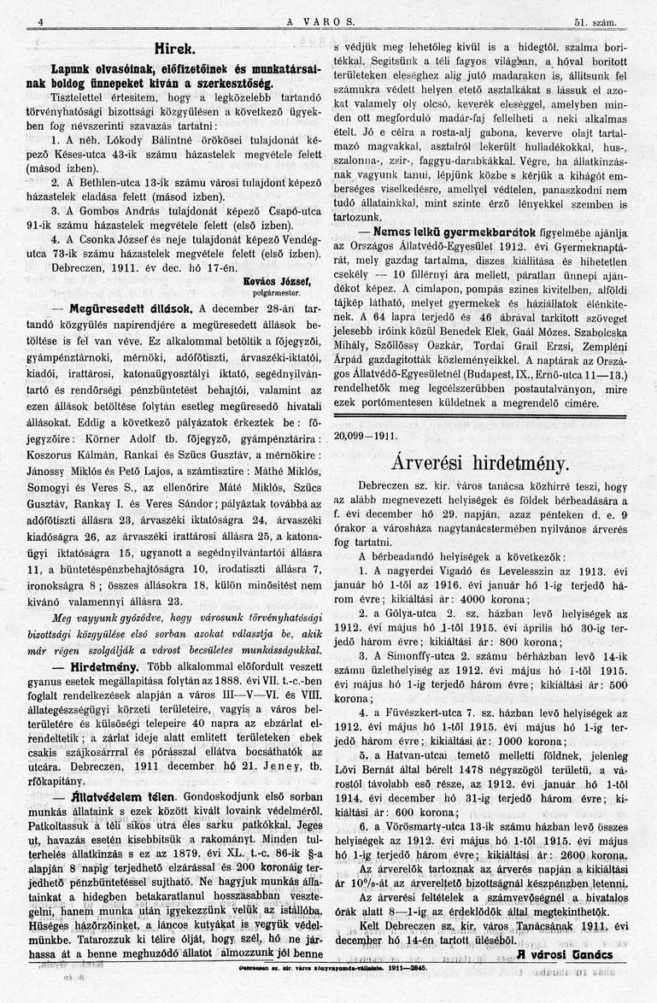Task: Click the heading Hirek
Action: (179, 48)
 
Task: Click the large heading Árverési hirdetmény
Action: (480, 463)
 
